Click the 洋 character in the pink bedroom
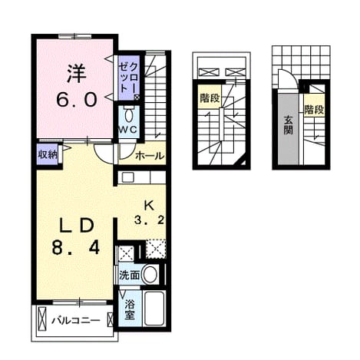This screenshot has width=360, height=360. point(77,73)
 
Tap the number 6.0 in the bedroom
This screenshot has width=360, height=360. point(77,99)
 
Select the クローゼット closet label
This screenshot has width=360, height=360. point(129,78)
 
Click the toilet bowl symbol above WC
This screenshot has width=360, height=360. point(128,116)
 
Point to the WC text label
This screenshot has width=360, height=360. point(128,130)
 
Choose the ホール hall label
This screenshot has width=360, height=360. point(150,155)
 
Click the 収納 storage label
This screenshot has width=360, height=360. point(48,154)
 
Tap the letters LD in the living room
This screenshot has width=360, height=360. point(77,226)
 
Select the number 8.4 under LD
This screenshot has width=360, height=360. point(76,248)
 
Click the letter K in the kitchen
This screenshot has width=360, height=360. point(149,206)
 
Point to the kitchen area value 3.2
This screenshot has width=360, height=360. point(150,220)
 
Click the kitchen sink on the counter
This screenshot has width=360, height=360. point(127,177)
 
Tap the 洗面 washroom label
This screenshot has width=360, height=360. point(130,276)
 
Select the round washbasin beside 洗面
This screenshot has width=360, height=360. point(150,275)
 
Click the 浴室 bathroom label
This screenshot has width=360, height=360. point(130,309)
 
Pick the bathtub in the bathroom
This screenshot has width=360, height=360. point(154,309)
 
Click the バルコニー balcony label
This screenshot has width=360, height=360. point(76,320)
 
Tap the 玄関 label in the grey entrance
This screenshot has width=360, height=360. point(288,125)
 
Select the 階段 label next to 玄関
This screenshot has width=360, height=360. point(314,110)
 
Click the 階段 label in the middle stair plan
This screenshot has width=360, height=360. point(210,98)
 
